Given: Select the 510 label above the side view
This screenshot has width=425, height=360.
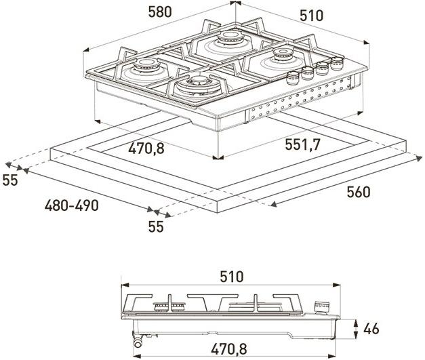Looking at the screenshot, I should click(231, 277).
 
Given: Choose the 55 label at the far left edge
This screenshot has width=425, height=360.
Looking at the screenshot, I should click(9, 180).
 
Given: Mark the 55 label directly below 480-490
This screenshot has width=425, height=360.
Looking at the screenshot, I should click(156, 226).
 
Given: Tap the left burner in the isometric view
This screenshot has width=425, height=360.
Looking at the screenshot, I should click(146, 68).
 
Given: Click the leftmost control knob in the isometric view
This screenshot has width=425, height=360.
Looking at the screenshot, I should click(294, 76).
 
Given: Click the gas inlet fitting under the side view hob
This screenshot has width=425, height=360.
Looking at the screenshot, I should click(140, 339).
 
